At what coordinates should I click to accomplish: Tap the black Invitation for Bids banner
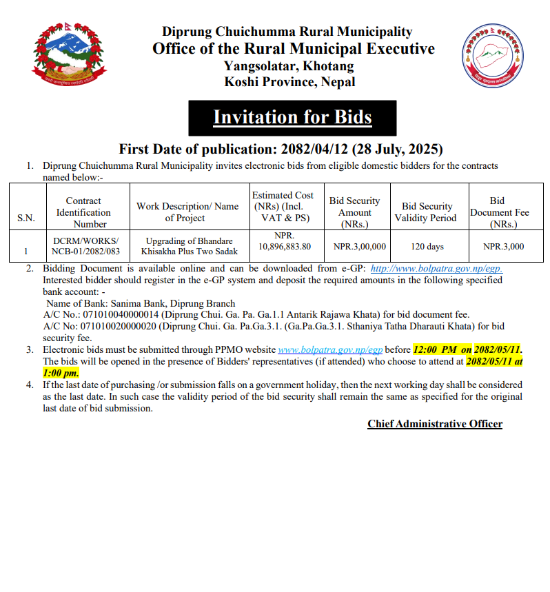[x=292, y=118]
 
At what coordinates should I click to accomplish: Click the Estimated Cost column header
[x=283, y=207]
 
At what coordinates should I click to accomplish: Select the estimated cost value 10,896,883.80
[x=284, y=246]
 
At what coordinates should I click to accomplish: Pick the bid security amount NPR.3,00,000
[x=359, y=246]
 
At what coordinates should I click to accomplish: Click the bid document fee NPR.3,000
[x=503, y=246]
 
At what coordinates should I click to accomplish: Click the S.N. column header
[x=26, y=218]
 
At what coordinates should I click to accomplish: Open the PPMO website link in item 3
[x=329, y=350]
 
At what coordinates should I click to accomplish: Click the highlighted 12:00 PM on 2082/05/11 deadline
[x=467, y=350]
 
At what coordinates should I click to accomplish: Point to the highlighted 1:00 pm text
[x=61, y=372]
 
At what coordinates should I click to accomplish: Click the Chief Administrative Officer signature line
[x=435, y=424]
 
